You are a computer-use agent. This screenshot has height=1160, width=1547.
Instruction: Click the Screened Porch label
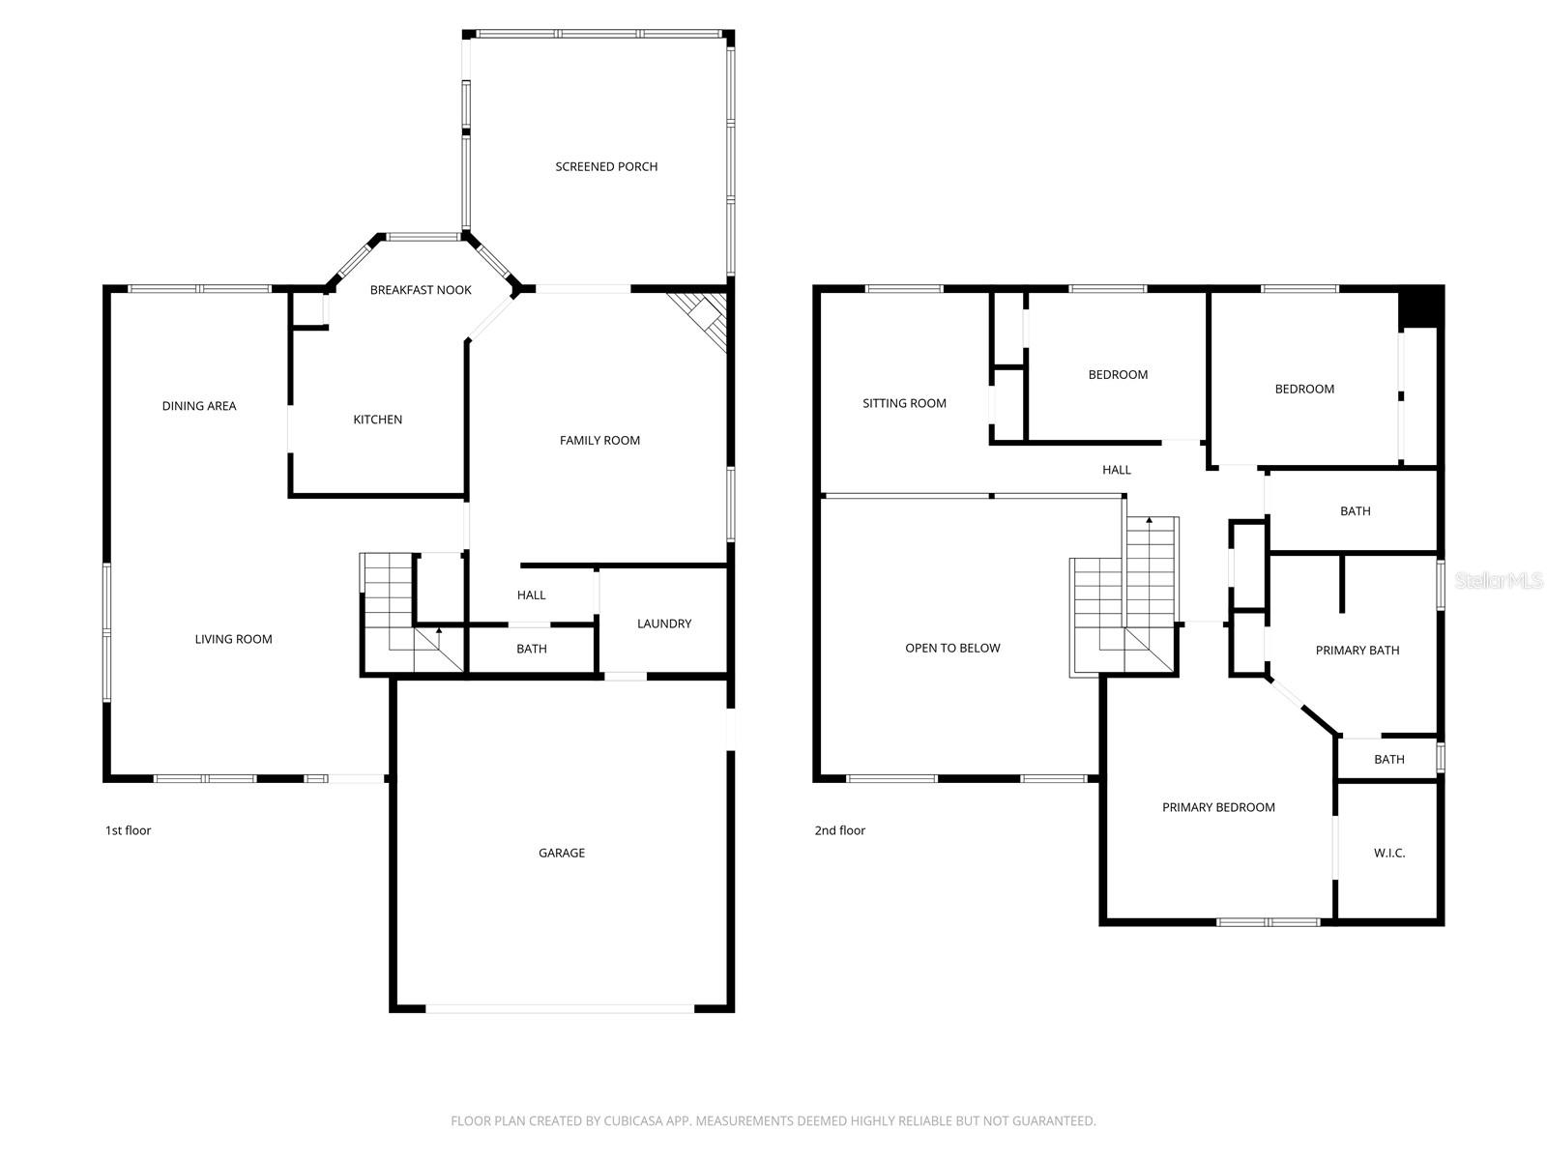[606, 166]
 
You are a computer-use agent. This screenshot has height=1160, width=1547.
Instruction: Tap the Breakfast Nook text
[421, 290]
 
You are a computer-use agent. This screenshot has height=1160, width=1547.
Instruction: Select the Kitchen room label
[377, 420]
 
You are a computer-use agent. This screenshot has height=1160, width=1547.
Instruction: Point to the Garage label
[562, 853]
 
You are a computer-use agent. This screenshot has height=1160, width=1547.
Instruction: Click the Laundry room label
[664, 623]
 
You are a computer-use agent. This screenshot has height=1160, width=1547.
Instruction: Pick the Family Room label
[599, 440]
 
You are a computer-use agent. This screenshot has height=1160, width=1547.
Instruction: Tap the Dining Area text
[199, 406]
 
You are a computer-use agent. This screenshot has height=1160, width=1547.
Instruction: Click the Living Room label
[233, 639]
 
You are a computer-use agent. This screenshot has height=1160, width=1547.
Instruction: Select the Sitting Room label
[904, 403]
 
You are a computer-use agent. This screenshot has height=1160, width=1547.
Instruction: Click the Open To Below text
[952, 648]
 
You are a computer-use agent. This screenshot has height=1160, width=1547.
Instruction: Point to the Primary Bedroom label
[1218, 807]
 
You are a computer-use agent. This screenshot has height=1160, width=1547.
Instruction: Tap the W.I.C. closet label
[1389, 853]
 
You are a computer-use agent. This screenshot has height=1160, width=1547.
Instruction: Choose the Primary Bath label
[1357, 650]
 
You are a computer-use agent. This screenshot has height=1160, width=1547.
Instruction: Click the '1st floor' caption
[128, 830]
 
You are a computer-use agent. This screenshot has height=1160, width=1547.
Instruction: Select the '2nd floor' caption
[839, 830]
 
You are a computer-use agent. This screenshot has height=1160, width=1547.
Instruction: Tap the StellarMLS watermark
[1499, 580]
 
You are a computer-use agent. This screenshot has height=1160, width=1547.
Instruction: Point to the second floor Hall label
[1117, 470]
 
